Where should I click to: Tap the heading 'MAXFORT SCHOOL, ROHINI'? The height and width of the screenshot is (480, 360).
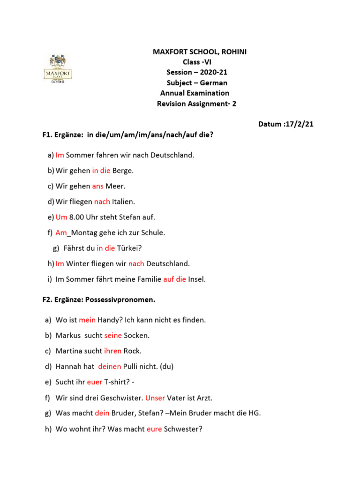(200, 52)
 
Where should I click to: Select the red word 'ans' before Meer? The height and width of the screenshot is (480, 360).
(97, 186)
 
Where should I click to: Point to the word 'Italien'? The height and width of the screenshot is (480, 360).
(123, 202)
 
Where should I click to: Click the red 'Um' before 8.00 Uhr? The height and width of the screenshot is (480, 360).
(61, 217)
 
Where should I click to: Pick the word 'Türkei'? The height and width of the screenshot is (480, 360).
(129, 248)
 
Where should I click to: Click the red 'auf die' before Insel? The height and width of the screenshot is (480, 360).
(174, 279)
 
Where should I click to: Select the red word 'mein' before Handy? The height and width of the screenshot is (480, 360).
(87, 320)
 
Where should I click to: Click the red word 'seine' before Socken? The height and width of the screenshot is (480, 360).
(112, 336)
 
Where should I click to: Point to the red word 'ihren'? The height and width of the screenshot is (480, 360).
(112, 351)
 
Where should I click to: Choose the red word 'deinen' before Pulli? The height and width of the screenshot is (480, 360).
(110, 367)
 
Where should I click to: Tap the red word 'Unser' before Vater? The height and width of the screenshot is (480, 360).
(155, 398)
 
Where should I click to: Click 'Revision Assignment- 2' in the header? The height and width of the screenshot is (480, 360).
(197, 104)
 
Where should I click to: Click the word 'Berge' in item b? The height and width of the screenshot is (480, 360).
(123, 171)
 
